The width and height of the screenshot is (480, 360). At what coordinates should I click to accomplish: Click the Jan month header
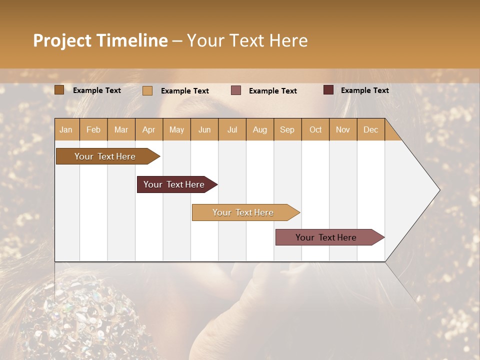pyautogui.click(x=66, y=129)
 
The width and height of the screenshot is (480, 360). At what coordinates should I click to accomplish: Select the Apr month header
pyautogui.click(x=149, y=129)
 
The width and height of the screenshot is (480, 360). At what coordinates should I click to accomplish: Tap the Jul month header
pyautogui.click(x=232, y=129)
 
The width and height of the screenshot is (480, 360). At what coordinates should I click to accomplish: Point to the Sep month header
pyautogui.click(x=287, y=129)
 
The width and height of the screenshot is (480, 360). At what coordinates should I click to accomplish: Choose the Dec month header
pyautogui.click(x=370, y=129)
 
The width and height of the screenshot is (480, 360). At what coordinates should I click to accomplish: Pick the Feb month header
pyautogui.click(x=93, y=129)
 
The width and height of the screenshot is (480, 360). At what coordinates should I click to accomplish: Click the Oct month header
pyautogui.click(x=315, y=129)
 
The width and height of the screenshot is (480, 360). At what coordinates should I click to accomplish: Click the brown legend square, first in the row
pyautogui.click(x=59, y=90)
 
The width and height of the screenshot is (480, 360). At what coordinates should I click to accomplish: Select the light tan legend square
pyautogui.click(x=147, y=90)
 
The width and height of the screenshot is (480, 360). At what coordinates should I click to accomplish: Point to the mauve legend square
pyautogui.click(x=236, y=90)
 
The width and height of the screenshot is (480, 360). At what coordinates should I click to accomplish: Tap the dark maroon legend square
pyautogui.click(x=328, y=90)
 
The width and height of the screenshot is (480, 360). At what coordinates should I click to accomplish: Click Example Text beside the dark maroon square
pyautogui.click(x=364, y=90)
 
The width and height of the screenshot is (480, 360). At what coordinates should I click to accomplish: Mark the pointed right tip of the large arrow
pyautogui.click(x=439, y=190)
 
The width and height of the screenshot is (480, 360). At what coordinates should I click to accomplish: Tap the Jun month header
pyautogui.click(x=204, y=129)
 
